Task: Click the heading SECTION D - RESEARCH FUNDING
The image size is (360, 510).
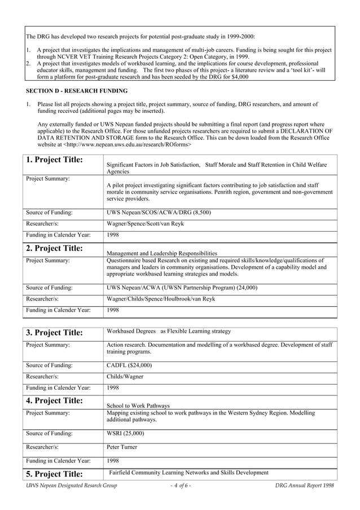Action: tap(77, 91)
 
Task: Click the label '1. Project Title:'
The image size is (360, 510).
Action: tap(55, 160)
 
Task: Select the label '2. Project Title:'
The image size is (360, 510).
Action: tap(55, 248)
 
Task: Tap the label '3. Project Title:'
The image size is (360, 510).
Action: tap(55, 333)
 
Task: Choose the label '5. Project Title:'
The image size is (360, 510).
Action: tap(55, 474)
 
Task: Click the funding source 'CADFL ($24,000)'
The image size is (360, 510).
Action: tap(129, 365)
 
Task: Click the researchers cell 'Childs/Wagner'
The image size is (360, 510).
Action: tap(125, 376)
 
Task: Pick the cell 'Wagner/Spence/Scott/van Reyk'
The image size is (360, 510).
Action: tap(145, 224)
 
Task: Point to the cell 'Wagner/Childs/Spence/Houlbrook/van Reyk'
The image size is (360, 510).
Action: tap(161, 298)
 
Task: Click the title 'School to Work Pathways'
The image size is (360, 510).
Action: tap(138, 406)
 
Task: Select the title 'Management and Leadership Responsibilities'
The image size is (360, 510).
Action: tap(162, 254)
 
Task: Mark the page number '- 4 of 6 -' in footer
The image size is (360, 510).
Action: tap(181, 486)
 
